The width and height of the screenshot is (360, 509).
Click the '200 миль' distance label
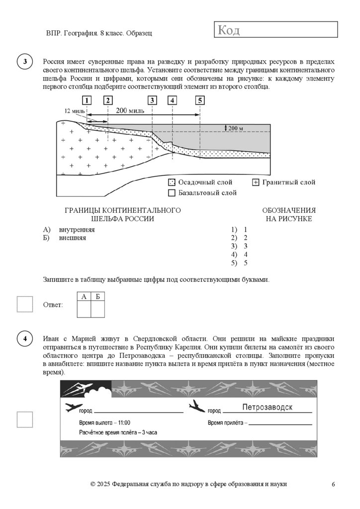130,111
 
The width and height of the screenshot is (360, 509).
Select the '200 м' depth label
236,128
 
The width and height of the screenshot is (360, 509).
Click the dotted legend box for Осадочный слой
172,182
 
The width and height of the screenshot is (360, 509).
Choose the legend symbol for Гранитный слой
256,182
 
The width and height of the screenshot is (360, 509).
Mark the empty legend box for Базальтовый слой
172,193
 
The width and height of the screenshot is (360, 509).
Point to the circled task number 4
25,339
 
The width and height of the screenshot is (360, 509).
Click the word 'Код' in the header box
229,31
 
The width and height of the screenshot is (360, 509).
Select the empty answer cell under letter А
84,309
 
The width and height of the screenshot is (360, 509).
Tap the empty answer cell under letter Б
98,309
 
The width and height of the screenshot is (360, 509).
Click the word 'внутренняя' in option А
77,230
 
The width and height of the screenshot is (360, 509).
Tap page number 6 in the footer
333,484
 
